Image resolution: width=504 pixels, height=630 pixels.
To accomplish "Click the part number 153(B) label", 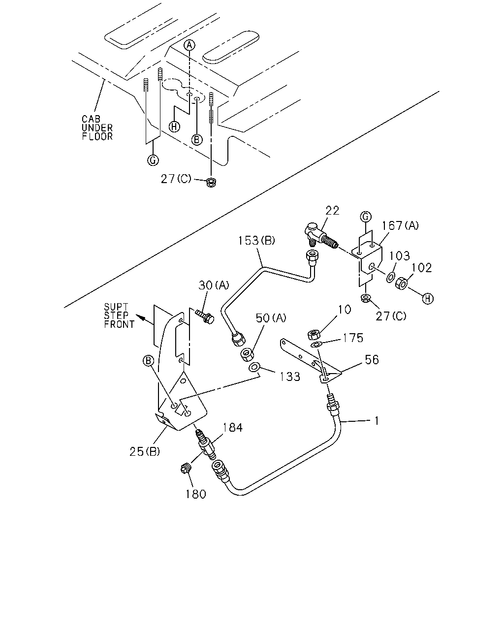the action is pos(256,241).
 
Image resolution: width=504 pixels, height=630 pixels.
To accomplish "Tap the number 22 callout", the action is pos(332,211).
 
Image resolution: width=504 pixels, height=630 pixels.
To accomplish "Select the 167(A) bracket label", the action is pos(400,225).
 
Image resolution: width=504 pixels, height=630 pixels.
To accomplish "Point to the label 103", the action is pos(400,255).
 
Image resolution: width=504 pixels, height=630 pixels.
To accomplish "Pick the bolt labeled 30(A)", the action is pos(205,317).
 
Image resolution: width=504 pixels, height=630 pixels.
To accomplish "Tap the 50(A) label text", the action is pos(271,318).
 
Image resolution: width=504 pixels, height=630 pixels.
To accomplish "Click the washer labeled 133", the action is pos(254,367).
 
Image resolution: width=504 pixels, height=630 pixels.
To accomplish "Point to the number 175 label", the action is pos(353,338).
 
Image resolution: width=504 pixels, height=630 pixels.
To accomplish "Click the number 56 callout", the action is pos(372,359).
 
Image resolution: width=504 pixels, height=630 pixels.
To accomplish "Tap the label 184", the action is pos(232,428).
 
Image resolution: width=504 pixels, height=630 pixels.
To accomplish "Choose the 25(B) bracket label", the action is pos(145,452).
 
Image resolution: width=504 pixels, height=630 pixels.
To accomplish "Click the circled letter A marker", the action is pos(189,45).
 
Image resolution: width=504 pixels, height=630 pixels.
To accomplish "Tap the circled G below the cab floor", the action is pos(153,160).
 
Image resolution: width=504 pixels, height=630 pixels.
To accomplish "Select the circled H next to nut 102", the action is pos(428,299).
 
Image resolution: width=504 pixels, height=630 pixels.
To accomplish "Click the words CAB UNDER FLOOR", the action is pos(97,127).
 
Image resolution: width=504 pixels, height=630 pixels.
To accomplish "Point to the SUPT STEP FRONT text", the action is pos(119,315).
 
